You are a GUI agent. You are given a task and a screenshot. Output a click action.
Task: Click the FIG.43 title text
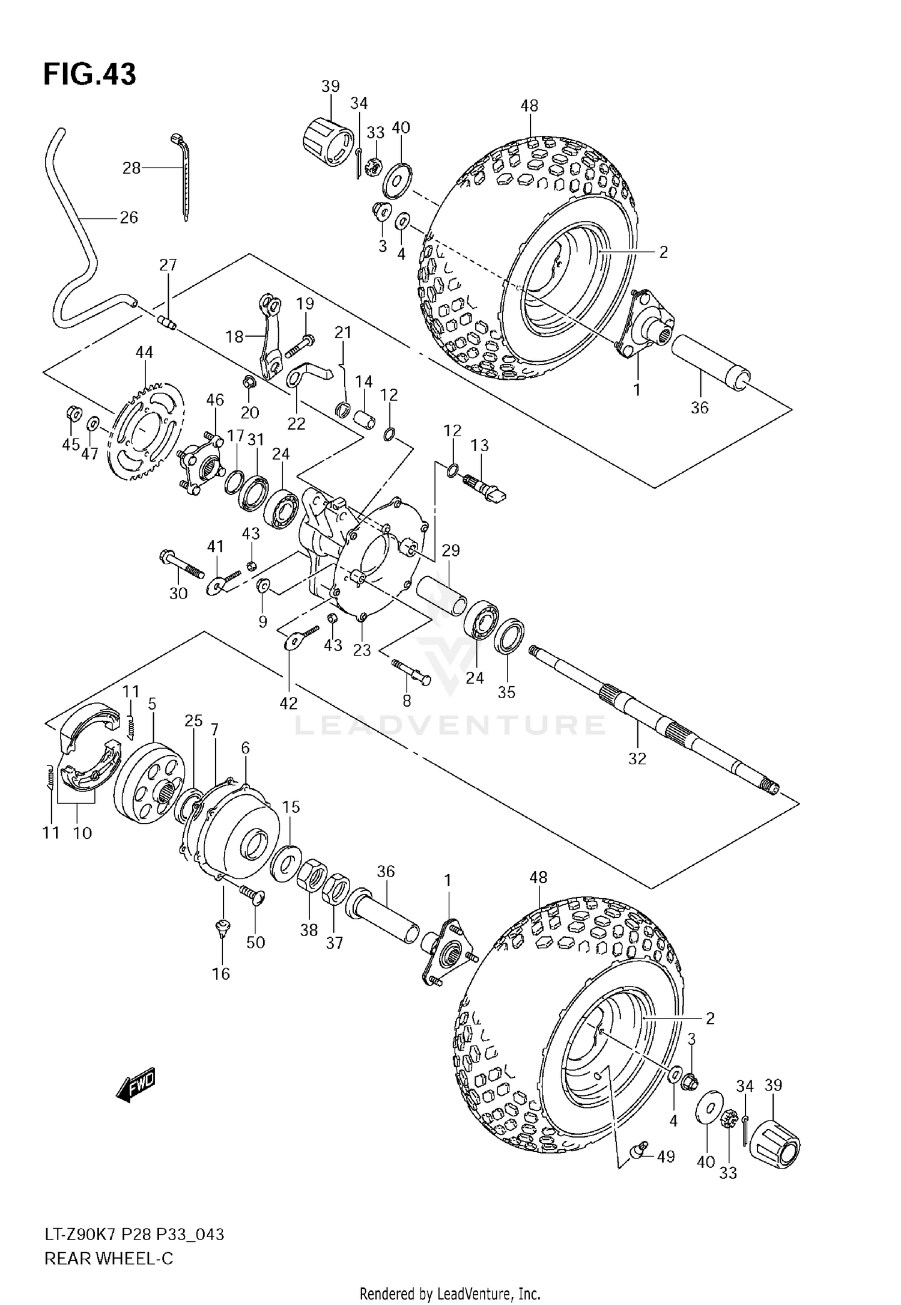(x=89, y=75)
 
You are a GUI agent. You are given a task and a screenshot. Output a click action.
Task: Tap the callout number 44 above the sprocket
(x=144, y=353)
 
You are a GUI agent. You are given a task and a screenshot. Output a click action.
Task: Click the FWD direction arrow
(x=136, y=1085)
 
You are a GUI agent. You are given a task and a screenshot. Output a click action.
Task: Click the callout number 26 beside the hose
(x=129, y=218)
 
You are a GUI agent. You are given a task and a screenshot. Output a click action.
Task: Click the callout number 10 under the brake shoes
(x=82, y=833)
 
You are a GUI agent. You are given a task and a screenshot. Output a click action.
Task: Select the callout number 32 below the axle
(x=637, y=758)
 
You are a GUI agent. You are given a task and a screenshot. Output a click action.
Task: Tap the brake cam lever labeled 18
(x=269, y=333)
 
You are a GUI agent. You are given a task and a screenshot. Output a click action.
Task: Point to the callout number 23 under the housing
(x=362, y=649)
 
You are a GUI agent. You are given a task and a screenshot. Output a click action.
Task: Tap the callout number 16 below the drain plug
(x=221, y=973)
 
